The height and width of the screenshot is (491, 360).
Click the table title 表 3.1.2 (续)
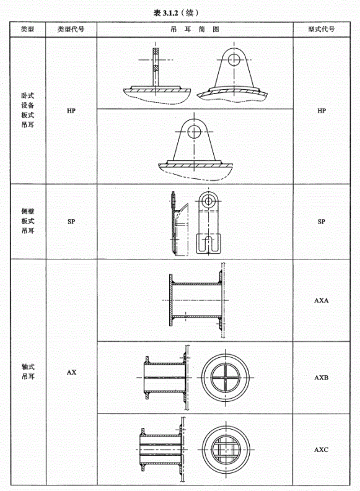pos(176,12)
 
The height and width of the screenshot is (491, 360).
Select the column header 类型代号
pos(71,30)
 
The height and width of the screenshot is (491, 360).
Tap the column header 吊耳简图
pos(195,30)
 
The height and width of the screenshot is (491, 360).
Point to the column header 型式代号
pos(321,30)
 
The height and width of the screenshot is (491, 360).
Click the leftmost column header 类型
pos(27,30)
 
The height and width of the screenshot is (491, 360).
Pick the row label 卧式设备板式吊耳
pos(27,110)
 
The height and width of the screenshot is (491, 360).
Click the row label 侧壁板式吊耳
pos(27,221)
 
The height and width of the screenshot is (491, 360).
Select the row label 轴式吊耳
pos(27,372)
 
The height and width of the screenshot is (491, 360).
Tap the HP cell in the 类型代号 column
pos(71,111)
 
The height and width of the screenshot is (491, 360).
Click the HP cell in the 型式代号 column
pos(322,111)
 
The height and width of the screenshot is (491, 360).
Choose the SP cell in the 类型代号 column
pos(71,222)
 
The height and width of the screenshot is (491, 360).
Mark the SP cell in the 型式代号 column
pos(321,222)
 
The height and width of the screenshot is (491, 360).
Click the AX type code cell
pos(71,372)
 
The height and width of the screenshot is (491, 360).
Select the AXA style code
pos(322,301)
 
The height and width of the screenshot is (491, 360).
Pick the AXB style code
pos(322,378)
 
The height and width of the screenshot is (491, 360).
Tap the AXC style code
pos(322,450)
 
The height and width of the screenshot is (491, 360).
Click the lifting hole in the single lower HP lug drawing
pos(195,132)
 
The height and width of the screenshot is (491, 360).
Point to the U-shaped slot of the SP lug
pos(208,244)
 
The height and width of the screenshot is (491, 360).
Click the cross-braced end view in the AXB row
pos(226,378)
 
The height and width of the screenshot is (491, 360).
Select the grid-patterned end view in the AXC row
pos(226,450)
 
